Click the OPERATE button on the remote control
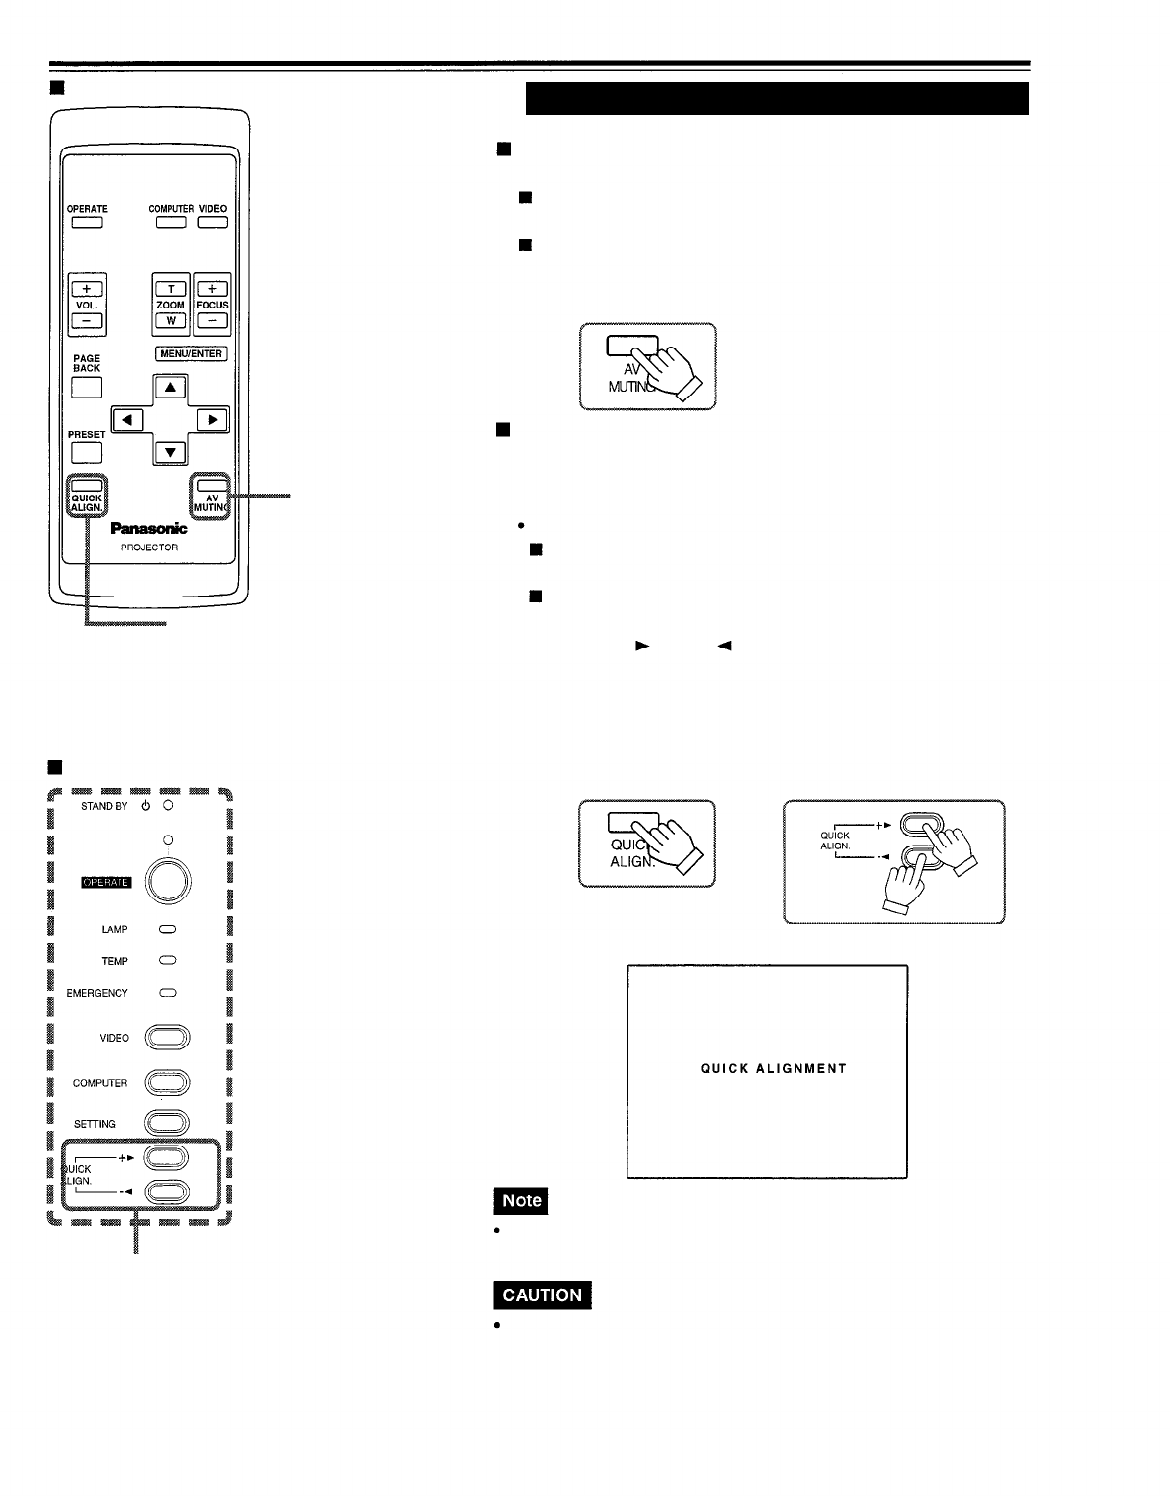coord(87,222)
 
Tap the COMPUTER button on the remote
coord(171,222)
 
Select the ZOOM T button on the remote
coord(171,289)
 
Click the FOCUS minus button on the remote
coord(211,321)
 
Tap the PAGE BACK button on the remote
coord(87,388)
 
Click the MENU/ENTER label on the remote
coord(191,354)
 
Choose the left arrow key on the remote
coord(127,419)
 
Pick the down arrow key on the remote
coord(171,453)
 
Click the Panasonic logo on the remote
coord(148,529)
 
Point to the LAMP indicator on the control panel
coord(167,930)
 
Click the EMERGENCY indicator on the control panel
coord(167,993)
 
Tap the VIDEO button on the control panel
coord(167,1038)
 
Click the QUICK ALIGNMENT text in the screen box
coord(773,1069)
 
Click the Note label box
coord(522,1200)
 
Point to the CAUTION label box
coord(543,1295)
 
